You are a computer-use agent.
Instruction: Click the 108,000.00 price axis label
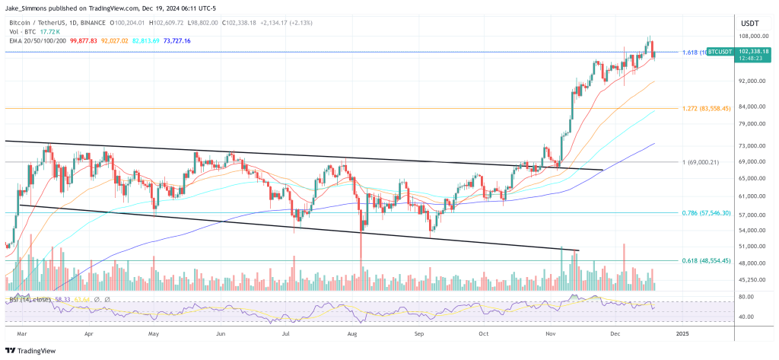click(x=752, y=36)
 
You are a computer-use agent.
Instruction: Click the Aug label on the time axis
click(x=352, y=333)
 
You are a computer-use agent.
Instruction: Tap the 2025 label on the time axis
click(x=682, y=333)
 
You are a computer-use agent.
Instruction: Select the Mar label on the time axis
click(x=23, y=333)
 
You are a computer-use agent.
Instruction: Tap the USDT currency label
click(x=750, y=24)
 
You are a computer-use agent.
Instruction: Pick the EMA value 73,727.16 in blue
click(x=173, y=40)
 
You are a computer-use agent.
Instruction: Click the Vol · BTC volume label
click(x=20, y=31)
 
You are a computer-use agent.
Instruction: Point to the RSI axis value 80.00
click(x=746, y=297)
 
